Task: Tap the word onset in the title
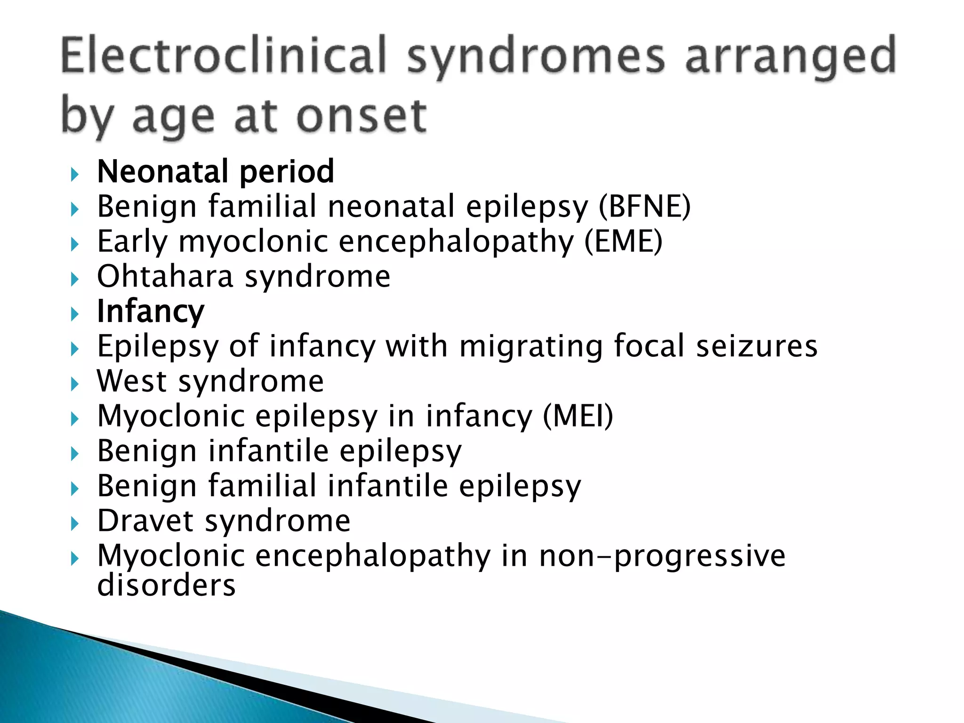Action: pos(361,116)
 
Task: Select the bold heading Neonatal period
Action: pos(216,171)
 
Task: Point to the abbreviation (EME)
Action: pos(623,241)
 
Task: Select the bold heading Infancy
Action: pos(151,311)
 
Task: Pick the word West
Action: pos(132,381)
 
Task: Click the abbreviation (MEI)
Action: pos(578,416)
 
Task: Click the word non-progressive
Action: pos(662,556)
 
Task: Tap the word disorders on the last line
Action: pos(166,585)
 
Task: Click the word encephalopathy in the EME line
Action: pos(456,241)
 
